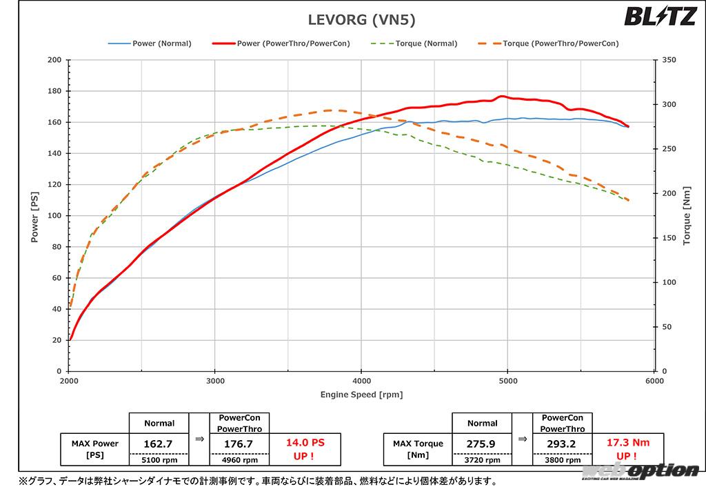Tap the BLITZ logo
click(x=660, y=16)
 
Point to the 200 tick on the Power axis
click(x=54, y=60)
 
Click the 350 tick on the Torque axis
click(x=667, y=60)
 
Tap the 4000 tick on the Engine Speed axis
click(x=361, y=381)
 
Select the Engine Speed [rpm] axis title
click(x=361, y=395)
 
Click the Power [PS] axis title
click(x=34, y=215)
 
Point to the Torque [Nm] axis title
click(x=686, y=215)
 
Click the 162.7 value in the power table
click(x=159, y=444)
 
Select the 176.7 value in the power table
click(x=239, y=444)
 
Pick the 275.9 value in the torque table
click(x=482, y=444)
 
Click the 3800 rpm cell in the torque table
click(x=562, y=460)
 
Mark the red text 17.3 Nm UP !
click(x=626, y=450)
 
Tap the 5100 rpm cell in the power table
click(x=159, y=460)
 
